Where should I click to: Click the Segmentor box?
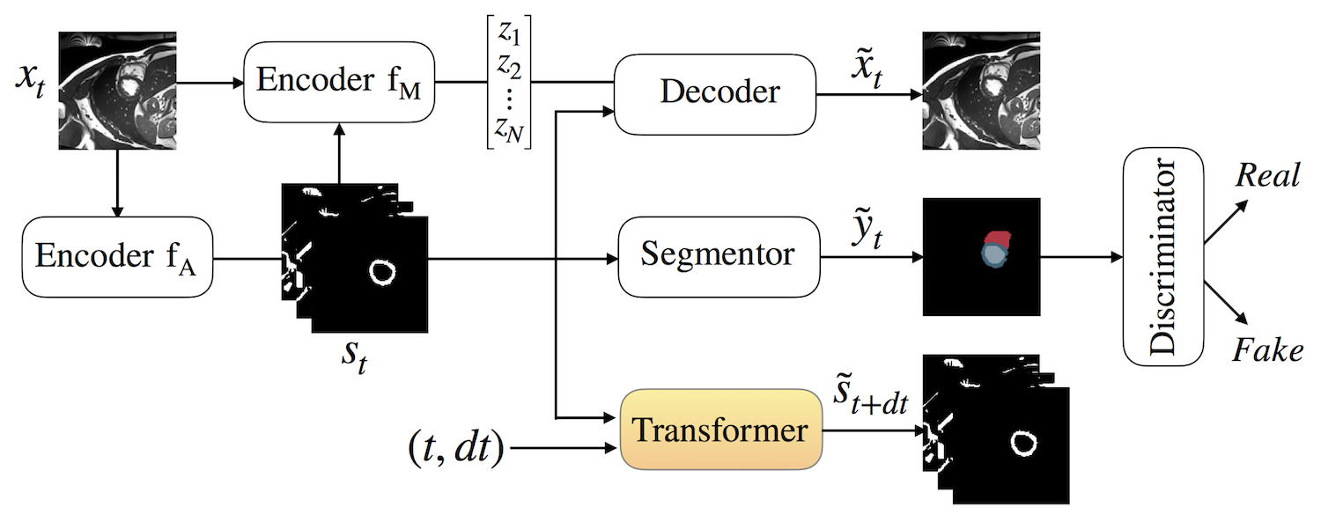[x=718, y=256]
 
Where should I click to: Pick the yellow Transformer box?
[x=720, y=430]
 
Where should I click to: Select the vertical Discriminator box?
[x=1163, y=256]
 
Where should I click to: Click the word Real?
[x=1267, y=175]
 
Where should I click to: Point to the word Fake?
[x=1267, y=351]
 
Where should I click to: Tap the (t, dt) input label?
[x=455, y=449]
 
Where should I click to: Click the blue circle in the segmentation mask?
[x=993, y=254]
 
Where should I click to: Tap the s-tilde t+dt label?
[x=870, y=403]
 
